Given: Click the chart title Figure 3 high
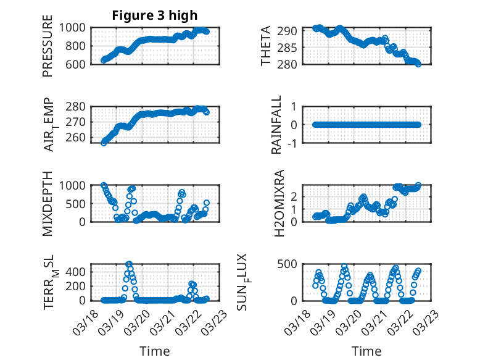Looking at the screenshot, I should (155, 15).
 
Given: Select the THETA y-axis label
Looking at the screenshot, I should (266, 46).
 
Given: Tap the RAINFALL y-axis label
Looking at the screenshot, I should (277, 125).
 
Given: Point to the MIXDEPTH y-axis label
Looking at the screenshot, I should (48, 204).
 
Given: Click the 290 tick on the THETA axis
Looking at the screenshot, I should (291, 31).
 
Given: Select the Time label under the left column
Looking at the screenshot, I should (155, 351).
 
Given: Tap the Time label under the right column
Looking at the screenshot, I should (366, 351).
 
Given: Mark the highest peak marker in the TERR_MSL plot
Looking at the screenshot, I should (129, 264).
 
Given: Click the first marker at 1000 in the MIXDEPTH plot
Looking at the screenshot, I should (104, 185).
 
